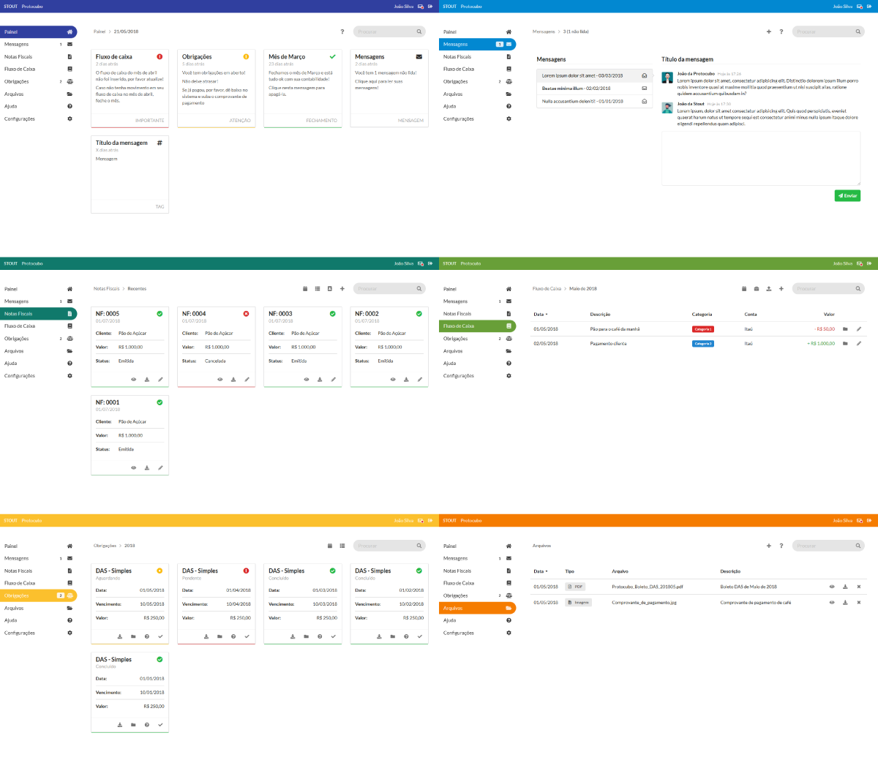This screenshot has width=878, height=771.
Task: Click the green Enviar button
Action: pyautogui.click(x=847, y=195)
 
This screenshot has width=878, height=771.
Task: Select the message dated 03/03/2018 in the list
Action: pyautogui.click(x=582, y=75)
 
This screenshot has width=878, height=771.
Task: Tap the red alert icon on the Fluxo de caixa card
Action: pyautogui.click(x=160, y=56)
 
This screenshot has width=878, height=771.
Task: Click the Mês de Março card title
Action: pyautogui.click(x=287, y=56)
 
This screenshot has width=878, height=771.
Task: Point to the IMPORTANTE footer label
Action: pyautogui.click(x=149, y=120)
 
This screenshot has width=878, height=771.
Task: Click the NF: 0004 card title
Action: pyautogui.click(x=194, y=313)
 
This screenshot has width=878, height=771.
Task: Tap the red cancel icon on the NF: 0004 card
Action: pyautogui.click(x=246, y=313)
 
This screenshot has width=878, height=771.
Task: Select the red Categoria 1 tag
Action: pyautogui.click(x=702, y=329)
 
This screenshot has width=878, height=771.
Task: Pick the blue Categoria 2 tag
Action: pyautogui.click(x=702, y=343)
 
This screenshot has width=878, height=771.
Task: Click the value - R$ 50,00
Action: pyautogui.click(x=825, y=329)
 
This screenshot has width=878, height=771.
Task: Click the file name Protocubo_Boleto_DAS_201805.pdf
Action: pyautogui.click(x=647, y=587)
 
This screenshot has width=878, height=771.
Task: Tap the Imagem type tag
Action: pyautogui.click(x=579, y=603)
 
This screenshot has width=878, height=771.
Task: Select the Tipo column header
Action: pyautogui.click(x=569, y=571)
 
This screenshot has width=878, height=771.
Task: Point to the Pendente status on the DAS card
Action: pyautogui.click(x=192, y=578)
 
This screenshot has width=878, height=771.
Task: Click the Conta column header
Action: pyautogui.click(x=751, y=315)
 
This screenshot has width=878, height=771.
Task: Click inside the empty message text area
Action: pyautogui.click(x=761, y=158)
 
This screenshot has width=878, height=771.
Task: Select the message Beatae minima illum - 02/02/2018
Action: pyautogui.click(x=576, y=89)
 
